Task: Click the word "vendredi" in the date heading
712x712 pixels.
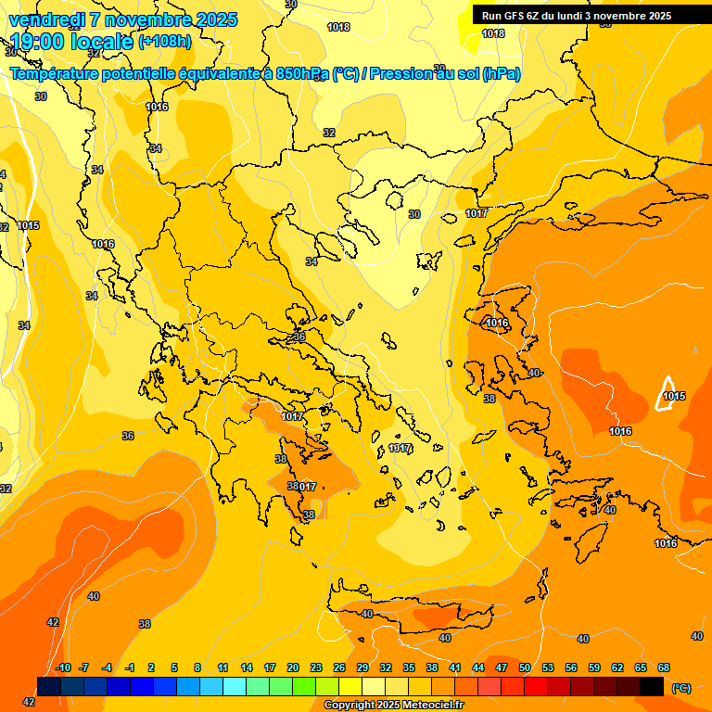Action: pyautogui.click(x=45, y=19)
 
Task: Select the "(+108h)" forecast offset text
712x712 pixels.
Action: pyautogui.click(x=165, y=42)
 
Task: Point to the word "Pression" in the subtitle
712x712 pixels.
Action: pyautogui.click(x=401, y=74)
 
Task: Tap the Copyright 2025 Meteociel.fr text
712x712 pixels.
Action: pyautogui.click(x=393, y=706)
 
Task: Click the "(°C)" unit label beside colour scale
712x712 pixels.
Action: pyautogui.click(x=680, y=687)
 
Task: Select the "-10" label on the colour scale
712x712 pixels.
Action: pyautogui.click(x=62, y=667)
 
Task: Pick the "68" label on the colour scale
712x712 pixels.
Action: pyautogui.click(x=664, y=667)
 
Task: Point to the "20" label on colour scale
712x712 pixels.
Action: pyautogui.click(x=293, y=667)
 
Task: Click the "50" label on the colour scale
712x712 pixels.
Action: pyautogui.click(x=525, y=667)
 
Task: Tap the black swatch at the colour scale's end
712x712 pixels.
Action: pyautogui.click(x=652, y=686)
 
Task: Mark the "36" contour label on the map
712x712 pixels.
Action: pyautogui.click(x=128, y=436)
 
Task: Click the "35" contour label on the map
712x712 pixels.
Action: pyautogui.click(x=299, y=337)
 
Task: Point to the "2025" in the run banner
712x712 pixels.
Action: pyautogui.click(x=659, y=16)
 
